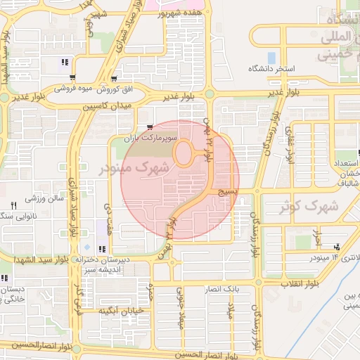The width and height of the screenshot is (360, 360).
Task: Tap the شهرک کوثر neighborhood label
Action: click(313, 207)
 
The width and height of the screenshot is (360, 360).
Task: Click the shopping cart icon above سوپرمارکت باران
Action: click(150, 128)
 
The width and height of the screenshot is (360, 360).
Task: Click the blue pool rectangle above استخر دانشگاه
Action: click(271, 57)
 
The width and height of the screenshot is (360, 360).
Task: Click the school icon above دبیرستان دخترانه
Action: click(103, 248)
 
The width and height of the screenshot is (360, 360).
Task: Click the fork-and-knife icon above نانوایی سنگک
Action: click(13, 205)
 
